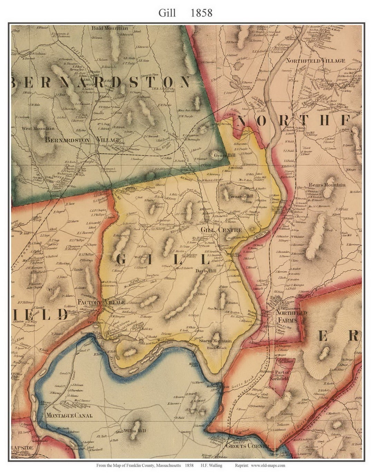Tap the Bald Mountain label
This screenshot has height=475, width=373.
109,28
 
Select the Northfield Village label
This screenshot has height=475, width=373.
315,61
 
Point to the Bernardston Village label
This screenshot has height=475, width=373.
83,140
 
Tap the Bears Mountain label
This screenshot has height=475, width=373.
327,185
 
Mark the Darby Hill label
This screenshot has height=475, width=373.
206,271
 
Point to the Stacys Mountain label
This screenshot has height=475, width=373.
215,341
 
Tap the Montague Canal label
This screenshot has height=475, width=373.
69,416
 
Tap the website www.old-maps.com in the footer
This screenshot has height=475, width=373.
268,465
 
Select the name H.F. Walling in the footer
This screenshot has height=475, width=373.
211,465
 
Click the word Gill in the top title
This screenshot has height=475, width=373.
167,13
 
